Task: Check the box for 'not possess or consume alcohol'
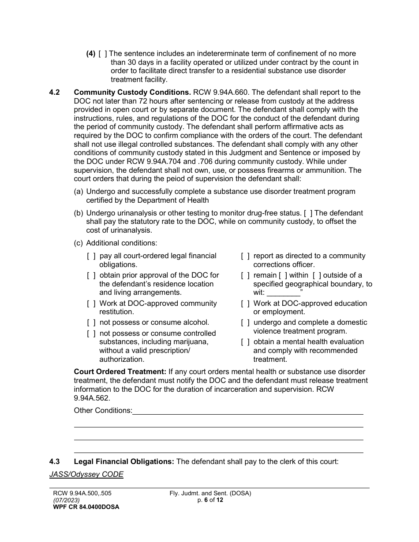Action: tap(91, 323)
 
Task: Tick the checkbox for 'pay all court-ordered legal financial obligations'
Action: tap(91, 256)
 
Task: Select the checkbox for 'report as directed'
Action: tap(245, 256)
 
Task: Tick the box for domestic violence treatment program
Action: tap(245, 323)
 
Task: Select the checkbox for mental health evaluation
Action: tap(245, 342)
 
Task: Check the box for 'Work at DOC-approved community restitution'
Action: tap(91, 304)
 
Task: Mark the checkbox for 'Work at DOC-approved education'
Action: tap(245, 304)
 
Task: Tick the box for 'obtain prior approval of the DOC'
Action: tap(91, 275)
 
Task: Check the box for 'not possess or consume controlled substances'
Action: tap(91, 334)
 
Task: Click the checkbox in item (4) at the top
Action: tap(102, 54)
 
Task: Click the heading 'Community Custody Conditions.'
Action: tap(132, 93)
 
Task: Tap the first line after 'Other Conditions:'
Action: tap(247, 411)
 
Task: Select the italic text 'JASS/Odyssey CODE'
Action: tap(86, 475)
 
